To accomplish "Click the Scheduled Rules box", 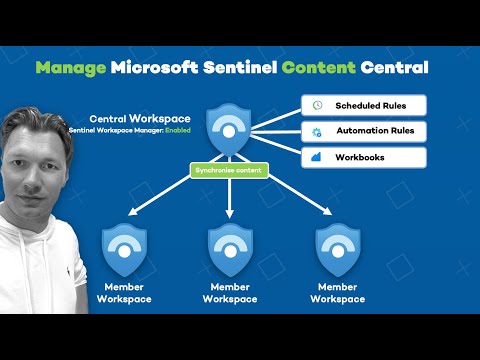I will coord(363,105).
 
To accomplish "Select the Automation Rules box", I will coord(363,131).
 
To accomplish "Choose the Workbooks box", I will coord(363,157).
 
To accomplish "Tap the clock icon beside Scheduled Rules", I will coord(316,105).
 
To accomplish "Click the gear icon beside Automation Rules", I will coord(316,131).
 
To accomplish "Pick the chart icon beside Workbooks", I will coord(316,157).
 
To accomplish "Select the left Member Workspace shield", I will coord(125,250).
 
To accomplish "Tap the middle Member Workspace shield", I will coord(230,250).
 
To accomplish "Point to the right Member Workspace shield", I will coord(337,250).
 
